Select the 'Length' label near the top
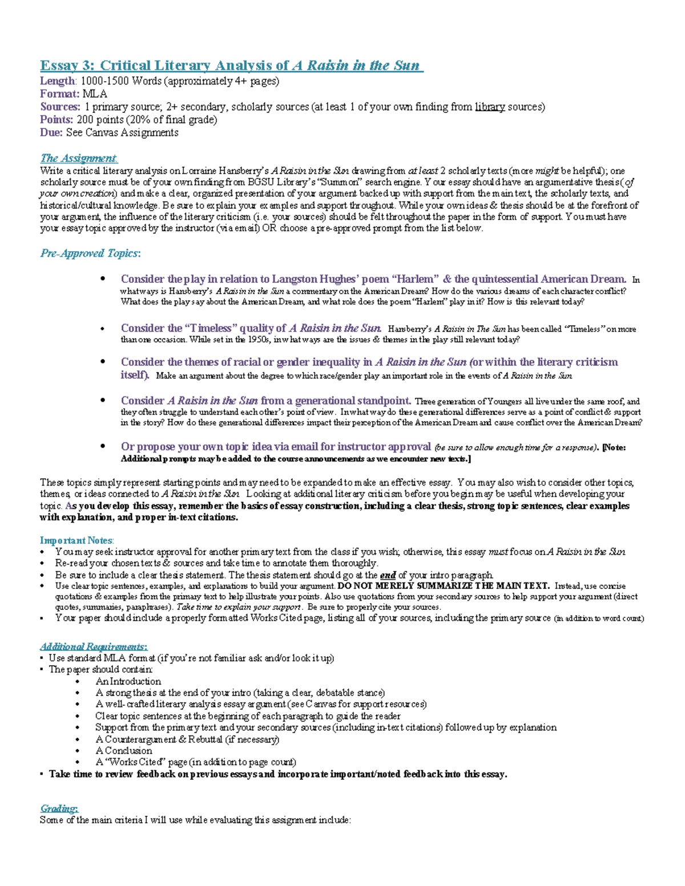[57, 81]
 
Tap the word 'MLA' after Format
[95, 94]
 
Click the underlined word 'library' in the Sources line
[490, 107]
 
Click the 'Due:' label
[51, 132]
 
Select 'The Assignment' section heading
[78, 158]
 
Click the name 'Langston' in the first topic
[295, 279]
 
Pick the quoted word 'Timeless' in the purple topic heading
[210, 328]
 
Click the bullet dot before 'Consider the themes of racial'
[103, 362]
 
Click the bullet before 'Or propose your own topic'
[103, 446]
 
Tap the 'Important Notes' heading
[76, 540]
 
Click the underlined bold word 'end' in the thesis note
[388, 575]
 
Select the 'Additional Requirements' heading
[93, 646]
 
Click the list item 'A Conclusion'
[123, 750]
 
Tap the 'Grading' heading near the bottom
[59, 808]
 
